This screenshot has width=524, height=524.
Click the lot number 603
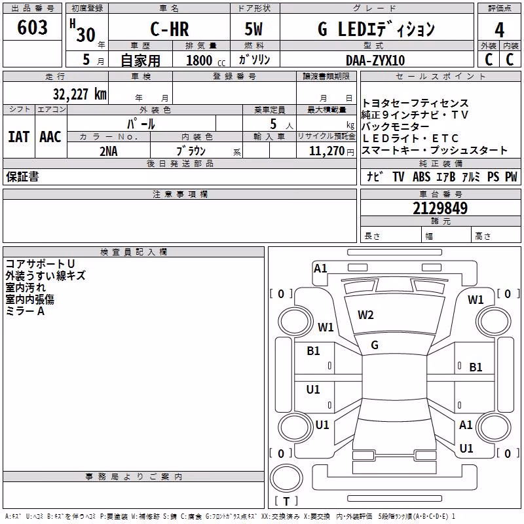point(32,27)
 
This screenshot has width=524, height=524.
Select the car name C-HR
point(170,29)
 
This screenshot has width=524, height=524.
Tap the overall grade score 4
point(499,30)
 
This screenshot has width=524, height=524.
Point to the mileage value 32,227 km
point(79,94)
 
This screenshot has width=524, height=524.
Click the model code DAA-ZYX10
point(375,60)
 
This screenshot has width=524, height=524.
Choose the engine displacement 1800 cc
point(206,60)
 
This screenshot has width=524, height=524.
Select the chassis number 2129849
point(440,208)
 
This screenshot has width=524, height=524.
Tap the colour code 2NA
point(109,151)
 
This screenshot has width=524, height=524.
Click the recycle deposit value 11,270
point(326,151)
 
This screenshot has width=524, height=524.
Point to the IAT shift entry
point(19,137)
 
